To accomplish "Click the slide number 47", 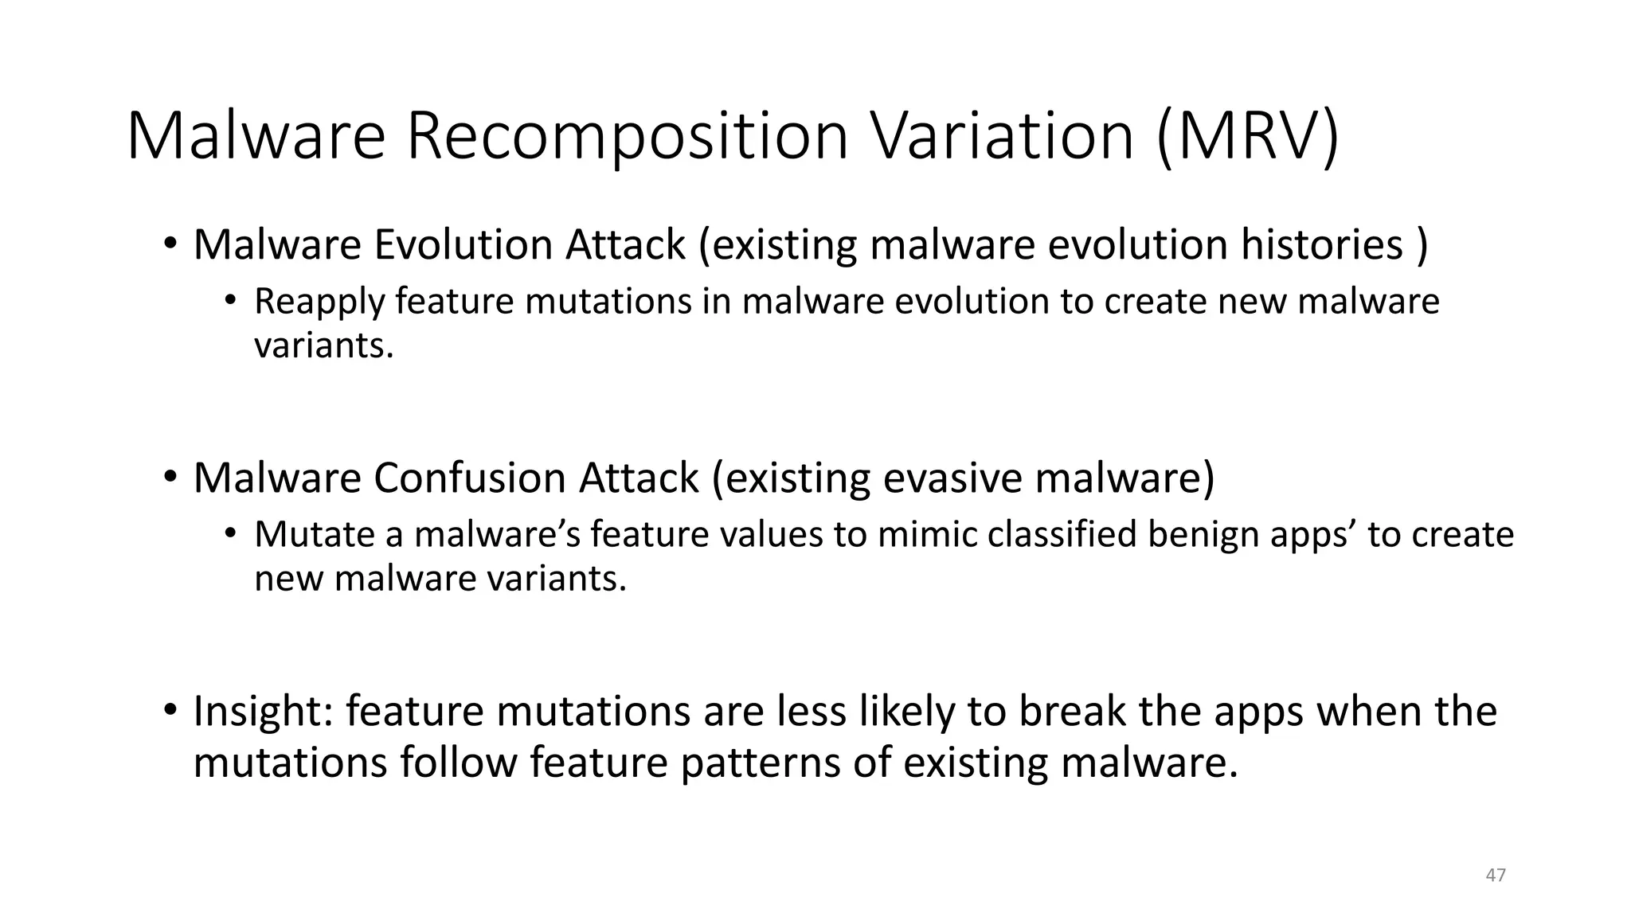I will point(1496,875).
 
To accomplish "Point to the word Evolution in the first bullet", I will point(463,244).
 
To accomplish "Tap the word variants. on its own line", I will point(323,345).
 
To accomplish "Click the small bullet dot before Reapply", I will point(230,301).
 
